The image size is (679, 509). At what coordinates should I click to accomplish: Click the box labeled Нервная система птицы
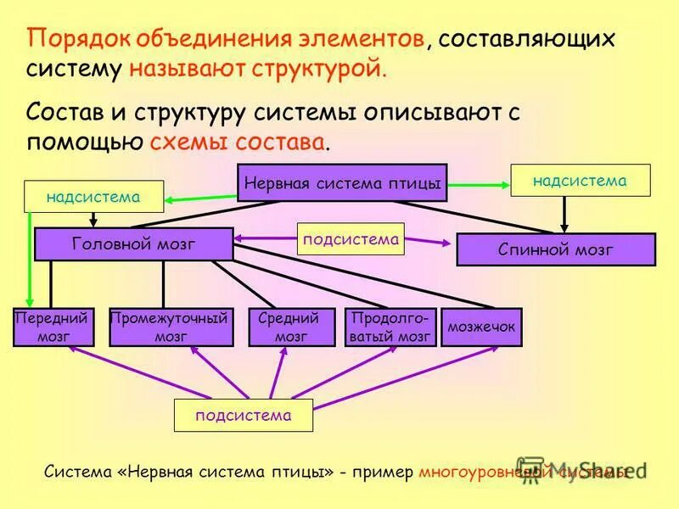(x=342, y=182)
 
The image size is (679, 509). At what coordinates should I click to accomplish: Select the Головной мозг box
(x=134, y=244)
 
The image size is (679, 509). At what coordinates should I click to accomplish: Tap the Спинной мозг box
(x=556, y=249)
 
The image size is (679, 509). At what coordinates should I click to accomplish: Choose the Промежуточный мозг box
(x=171, y=327)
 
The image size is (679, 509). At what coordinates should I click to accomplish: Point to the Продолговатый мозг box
(x=390, y=327)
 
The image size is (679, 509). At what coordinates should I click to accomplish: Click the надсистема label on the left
(x=93, y=197)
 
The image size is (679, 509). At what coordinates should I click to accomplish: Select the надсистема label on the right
(x=580, y=181)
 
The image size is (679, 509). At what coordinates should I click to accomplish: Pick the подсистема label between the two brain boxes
(x=351, y=239)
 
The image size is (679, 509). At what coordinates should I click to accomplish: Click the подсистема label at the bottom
(x=244, y=416)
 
